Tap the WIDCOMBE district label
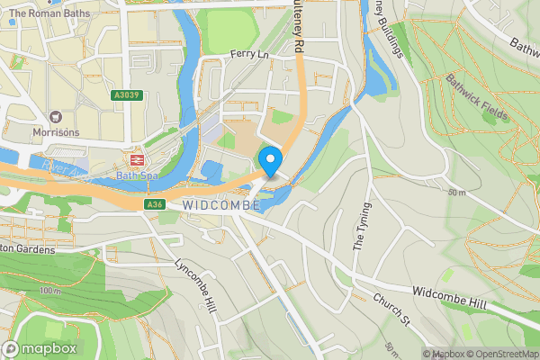(221, 205)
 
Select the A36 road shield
(154, 205)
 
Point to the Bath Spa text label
(136, 175)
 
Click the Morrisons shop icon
(56, 117)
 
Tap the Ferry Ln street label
(249, 55)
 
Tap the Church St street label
(392, 308)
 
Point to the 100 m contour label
(52, 292)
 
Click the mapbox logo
(40, 348)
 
